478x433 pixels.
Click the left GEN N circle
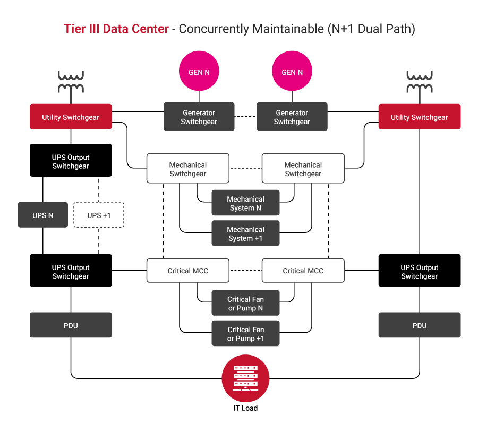pos(199,72)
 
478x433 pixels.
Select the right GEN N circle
pos(292,72)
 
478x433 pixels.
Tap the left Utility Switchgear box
pos(71,117)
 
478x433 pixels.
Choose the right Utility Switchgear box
pos(419,117)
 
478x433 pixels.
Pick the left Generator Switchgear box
pos(199,117)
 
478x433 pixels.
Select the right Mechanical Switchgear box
pos(303,169)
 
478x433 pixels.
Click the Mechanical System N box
pos(245,203)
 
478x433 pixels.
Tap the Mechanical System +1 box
pos(245,233)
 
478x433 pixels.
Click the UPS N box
pos(43,215)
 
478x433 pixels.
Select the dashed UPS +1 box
pos(99,215)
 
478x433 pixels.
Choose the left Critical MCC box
pos(187,271)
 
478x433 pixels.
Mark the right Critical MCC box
pos(303,271)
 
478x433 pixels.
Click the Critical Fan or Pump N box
pos(245,303)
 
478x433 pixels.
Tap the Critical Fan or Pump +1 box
pos(245,334)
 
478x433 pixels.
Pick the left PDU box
pos(71,325)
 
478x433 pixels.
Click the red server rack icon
pos(245,378)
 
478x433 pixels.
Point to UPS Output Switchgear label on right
pos(419,272)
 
